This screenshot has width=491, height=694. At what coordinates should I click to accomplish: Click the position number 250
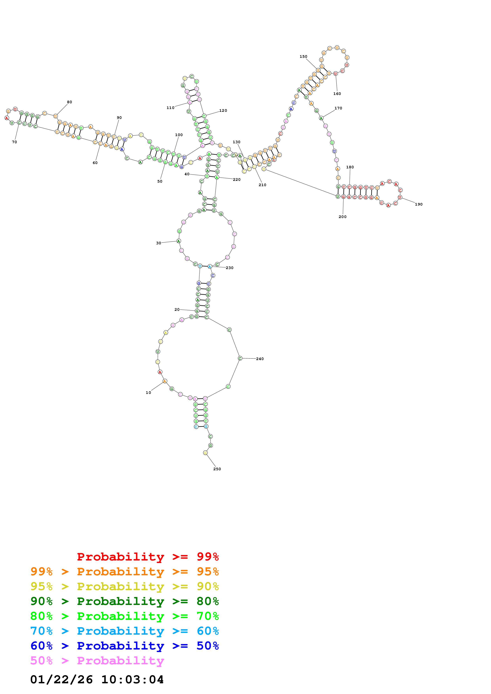pos(217,469)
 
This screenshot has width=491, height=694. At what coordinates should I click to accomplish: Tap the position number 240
pos(260,359)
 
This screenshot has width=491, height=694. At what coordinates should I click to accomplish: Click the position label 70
pos(14,142)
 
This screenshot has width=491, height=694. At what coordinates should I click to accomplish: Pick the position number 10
pos(148,393)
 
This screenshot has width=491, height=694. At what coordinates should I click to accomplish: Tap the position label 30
pos(158,243)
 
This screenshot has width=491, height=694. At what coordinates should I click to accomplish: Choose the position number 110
pos(170,108)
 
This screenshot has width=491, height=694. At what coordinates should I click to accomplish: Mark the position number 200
pos(342,217)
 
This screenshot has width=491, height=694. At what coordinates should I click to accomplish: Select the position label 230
pos(229,268)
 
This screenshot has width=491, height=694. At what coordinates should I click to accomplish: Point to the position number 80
pos(69,102)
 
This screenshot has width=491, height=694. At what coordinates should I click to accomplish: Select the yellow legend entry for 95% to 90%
pos(124,586)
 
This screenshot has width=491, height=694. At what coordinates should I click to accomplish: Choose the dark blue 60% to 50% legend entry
pos(124,646)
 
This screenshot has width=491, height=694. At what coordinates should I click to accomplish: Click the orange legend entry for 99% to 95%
pos(124,571)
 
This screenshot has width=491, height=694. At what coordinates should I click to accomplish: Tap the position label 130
pos(236,142)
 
